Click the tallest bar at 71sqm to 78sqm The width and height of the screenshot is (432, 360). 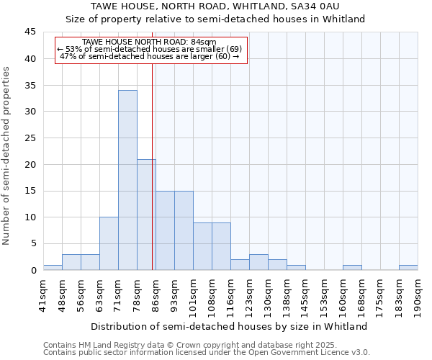coord(127,180)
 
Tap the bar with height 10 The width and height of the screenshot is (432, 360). coord(109,243)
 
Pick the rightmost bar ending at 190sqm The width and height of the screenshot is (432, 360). coord(408,267)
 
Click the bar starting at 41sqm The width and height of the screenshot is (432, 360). coord(53,267)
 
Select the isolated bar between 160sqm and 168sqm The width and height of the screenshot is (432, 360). coord(352,267)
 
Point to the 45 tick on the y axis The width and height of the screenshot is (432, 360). coord(32,32)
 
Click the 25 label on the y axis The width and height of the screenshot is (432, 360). coord(32,138)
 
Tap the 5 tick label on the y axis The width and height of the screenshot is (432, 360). coord(34,244)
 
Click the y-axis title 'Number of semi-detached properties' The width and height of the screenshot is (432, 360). coord(7,156)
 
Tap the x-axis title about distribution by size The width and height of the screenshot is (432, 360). coord(230,326)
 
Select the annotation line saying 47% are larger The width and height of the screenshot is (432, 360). coord(150,56)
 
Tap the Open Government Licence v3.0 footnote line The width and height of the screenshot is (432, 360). coord(207,353)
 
